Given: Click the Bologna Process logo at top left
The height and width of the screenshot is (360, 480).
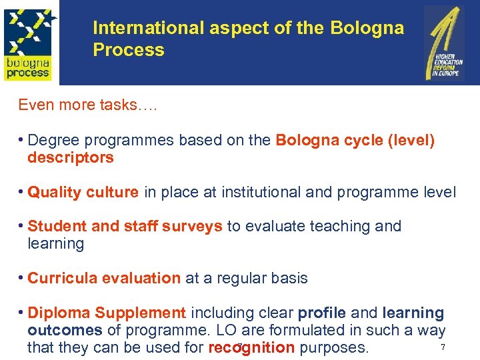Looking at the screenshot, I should click(29, 42).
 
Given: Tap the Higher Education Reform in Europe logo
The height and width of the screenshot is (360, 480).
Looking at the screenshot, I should click(444, 43).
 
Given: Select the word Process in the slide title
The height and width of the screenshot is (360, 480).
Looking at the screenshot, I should click(129, 50).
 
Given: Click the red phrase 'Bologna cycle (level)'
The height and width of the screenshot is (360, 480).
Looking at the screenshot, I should click(355, 141).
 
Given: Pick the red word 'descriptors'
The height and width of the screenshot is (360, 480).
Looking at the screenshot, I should click(71, 158).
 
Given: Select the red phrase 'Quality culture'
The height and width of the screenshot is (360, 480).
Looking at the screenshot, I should click(83, 193).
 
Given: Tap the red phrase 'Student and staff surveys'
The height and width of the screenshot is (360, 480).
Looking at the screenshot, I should click(125, 227).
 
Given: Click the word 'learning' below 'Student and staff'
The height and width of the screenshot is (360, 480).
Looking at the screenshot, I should click(56, 244).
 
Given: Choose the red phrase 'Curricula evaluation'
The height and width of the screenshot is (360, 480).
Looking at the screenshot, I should click(104, 279).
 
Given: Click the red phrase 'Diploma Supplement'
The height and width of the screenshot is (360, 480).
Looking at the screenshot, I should click(107, 313).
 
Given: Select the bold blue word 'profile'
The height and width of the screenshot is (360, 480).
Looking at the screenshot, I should click(321, 313).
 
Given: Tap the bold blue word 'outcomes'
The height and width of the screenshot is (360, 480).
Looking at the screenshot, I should click(65, 331).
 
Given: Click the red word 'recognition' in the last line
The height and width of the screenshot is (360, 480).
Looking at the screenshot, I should click(251, 348).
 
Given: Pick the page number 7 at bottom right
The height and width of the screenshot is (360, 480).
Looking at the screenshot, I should click(443, 348).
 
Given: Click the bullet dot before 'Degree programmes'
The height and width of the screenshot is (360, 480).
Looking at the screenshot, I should click(21, 140).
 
